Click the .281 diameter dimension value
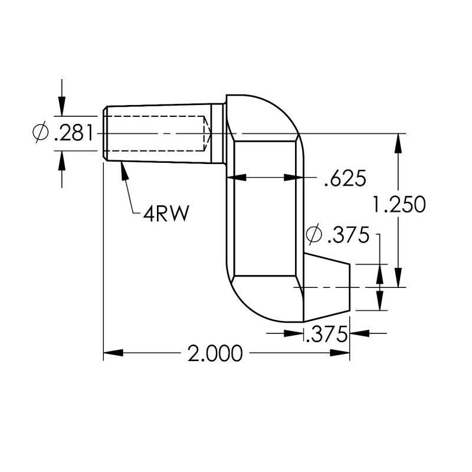73,134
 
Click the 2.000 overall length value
215,353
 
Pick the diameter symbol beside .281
41,133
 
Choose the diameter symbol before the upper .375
314,235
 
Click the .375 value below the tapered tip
325,335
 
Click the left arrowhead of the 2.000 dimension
113,353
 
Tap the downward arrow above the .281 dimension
62,107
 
